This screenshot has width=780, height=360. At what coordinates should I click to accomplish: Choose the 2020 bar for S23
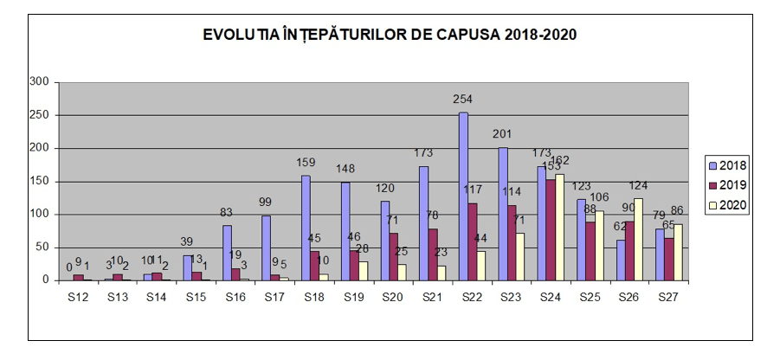pyautogui.click(x=520, y=257)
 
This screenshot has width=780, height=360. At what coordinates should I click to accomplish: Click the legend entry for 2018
pyautogui.click(x=726, y=165)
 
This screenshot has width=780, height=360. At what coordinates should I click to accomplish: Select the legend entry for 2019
pyautogui.click(x=726, y=185)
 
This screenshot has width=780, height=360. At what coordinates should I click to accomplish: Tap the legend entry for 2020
pyautogui.click(x=726, y=205)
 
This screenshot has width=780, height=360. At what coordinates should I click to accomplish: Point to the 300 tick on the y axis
pyautogui.click(x=40, y=82)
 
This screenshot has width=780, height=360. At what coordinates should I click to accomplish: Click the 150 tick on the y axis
pyautogui.click(x=40, y=182)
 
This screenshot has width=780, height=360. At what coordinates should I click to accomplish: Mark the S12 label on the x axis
pyautogui.click(x=78, y=297)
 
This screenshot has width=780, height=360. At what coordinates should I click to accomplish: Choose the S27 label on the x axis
pyautogui.click(x=669, y=297)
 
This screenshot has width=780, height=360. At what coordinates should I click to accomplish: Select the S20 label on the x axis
pyautogui.click(x=393, y=297)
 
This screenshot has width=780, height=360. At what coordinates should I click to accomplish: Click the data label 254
pyautogui.click(x=463, y=100)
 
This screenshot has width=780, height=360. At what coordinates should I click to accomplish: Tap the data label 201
pyautogui.click(x=503, y=134)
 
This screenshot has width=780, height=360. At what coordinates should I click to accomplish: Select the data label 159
pyautogui.click(x=306, y=162)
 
